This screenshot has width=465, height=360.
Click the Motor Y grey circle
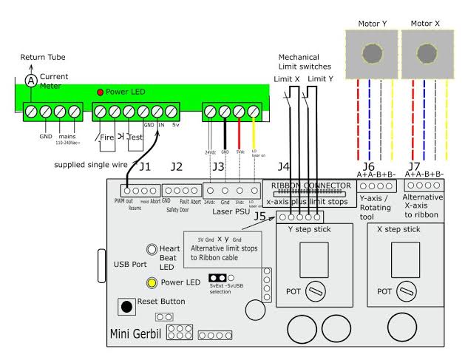[x=373, y=55]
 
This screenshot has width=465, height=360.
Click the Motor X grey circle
[x=426, y=55]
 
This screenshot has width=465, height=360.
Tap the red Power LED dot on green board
[x=101, y=92]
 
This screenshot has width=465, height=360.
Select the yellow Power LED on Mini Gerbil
[x=152, y=282]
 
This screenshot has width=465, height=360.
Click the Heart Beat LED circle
[x=152, y=250]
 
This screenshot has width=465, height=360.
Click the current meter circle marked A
[x=30, y=80]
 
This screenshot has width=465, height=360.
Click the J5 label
[x=259, y=217]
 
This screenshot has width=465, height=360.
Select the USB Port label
[x=131, y=264]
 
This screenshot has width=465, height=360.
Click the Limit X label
[x=288, y=79]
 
